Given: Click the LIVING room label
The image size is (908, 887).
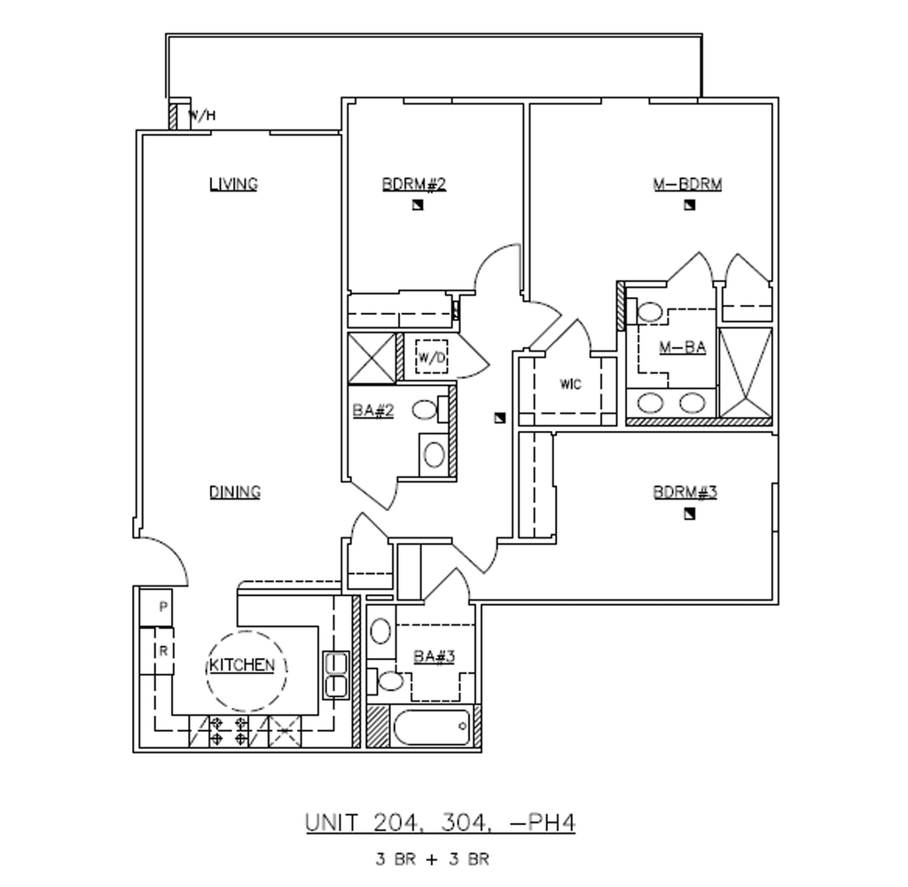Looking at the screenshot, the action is (x=233, y=184).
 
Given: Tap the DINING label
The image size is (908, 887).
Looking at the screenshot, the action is (x=235, y=492).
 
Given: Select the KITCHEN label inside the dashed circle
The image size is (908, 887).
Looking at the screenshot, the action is (x=242, y=666).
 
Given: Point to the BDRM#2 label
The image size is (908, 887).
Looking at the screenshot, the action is (x=413, y=184).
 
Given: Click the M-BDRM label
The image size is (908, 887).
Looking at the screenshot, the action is (x=687, y=184).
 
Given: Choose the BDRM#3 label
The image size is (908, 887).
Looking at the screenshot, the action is (x=685, y=492).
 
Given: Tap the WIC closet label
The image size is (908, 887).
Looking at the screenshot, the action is (x=570, y=385).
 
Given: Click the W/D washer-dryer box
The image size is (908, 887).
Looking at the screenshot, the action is (x=432, y=357).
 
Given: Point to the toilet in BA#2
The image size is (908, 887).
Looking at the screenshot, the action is (x=428, y=411).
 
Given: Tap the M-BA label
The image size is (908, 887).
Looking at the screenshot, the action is (x=682, y=348).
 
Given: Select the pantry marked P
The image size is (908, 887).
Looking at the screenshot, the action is (x=163, y=608).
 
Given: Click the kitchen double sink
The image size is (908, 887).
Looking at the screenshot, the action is (x=335, y=675).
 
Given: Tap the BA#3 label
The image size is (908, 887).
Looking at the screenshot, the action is (x=434, y=656).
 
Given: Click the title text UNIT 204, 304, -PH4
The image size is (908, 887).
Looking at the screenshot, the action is (x=441, y=822).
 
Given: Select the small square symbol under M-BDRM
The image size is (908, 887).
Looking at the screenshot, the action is (x=689, y=206).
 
